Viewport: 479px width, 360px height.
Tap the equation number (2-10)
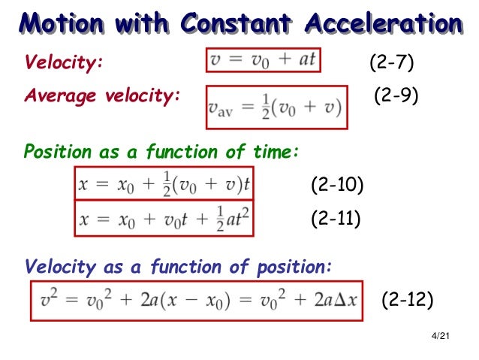[x=337, y=185]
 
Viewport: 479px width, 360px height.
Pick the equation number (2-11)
[x=336, y=219]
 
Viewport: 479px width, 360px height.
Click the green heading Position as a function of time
[x=161, y=152]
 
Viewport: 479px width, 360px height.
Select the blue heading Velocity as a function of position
[x=178, y=267]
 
